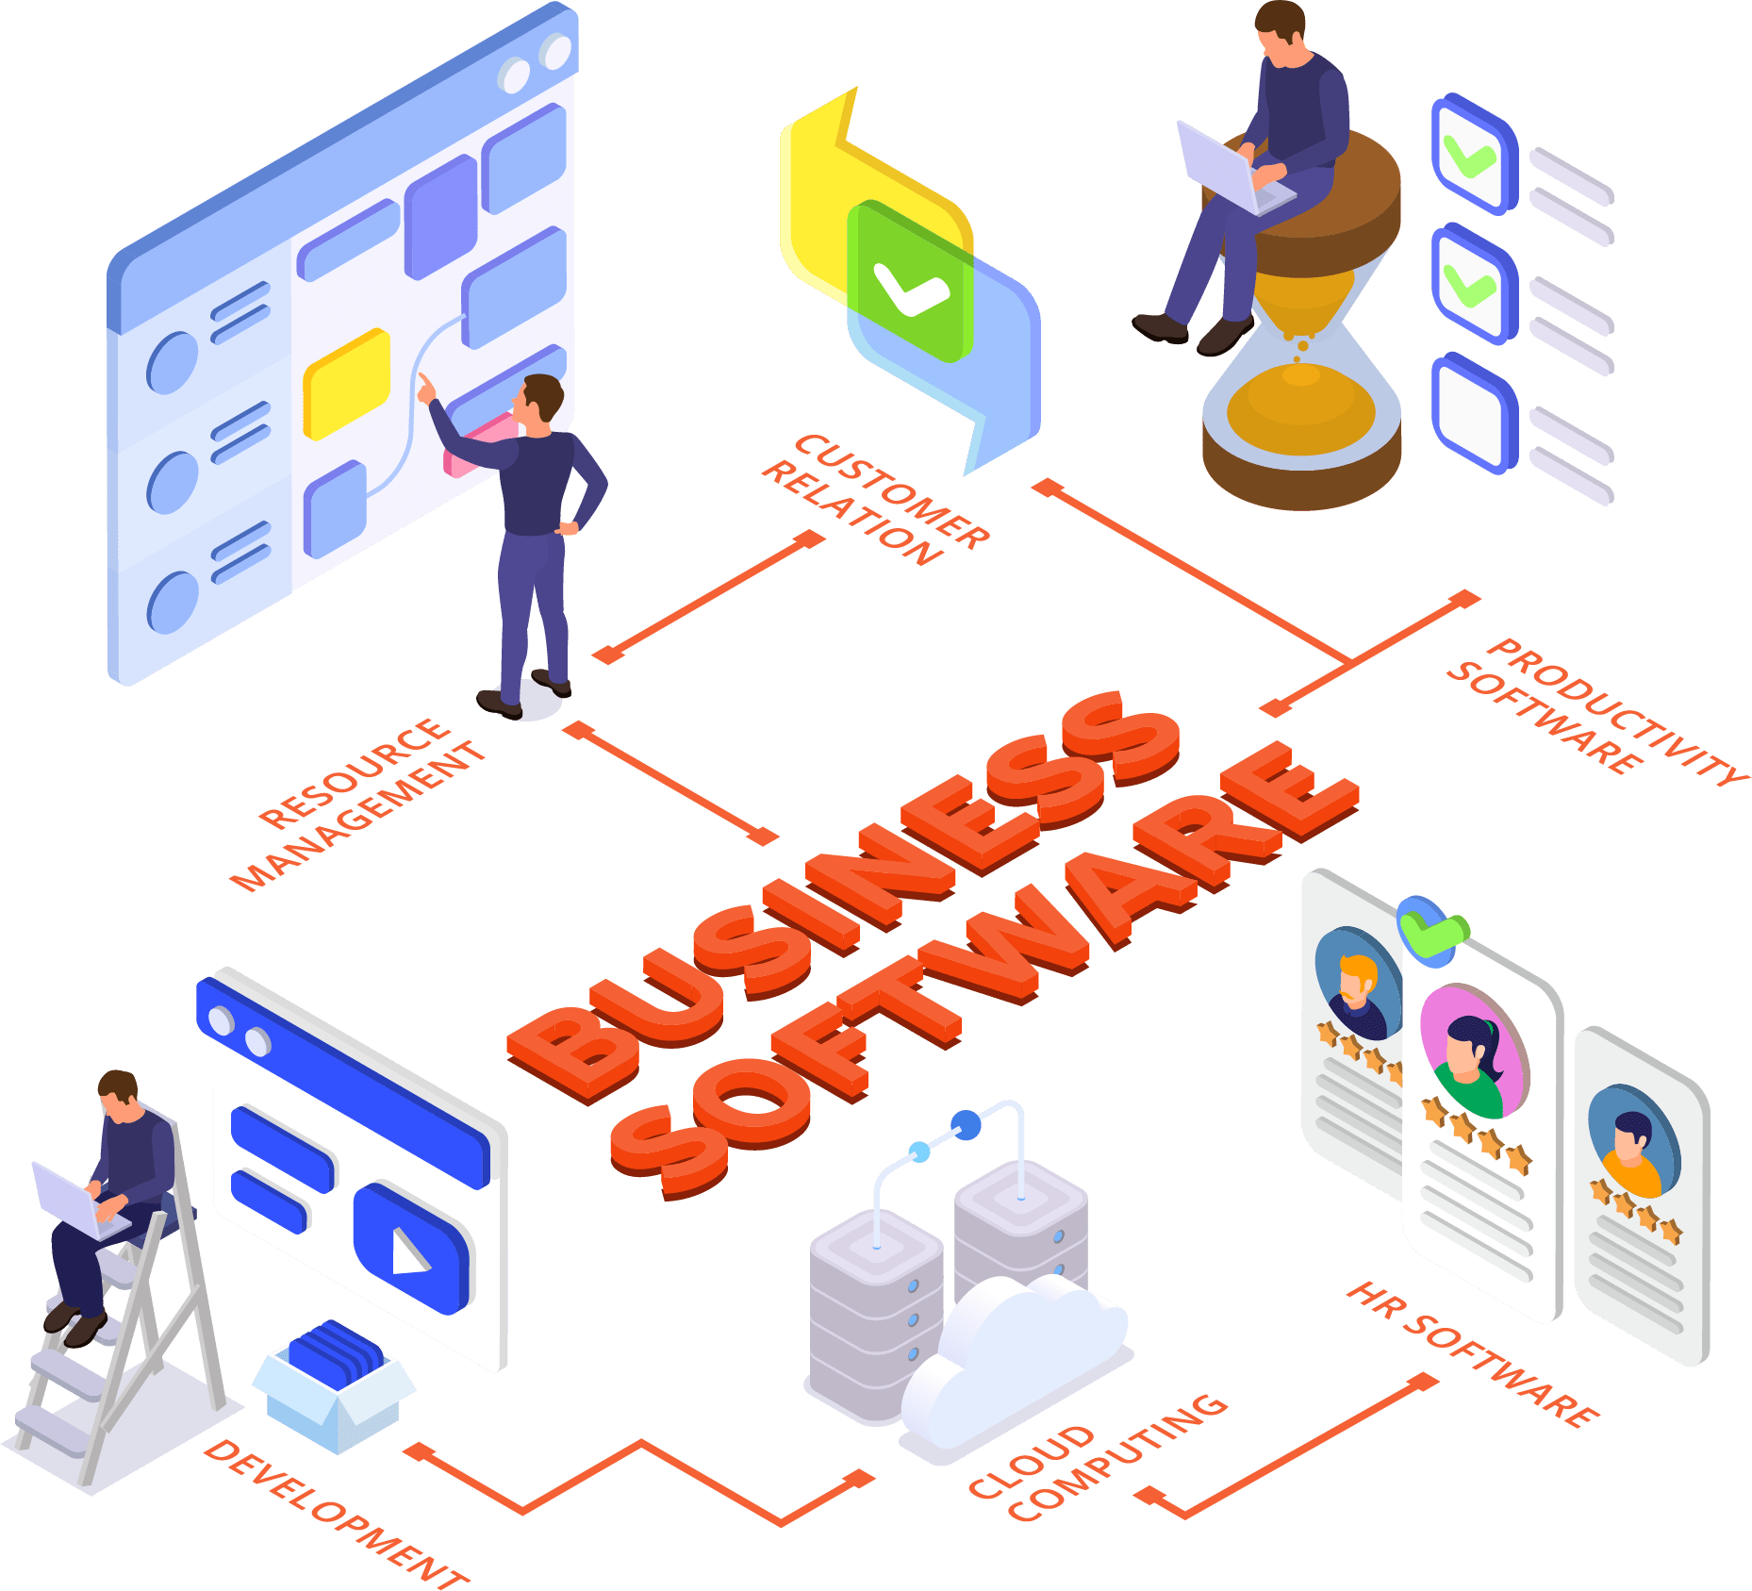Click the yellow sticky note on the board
[x=346, y=383]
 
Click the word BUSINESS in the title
[x=839, y=896]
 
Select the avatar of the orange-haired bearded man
[x=1356, y=984]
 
